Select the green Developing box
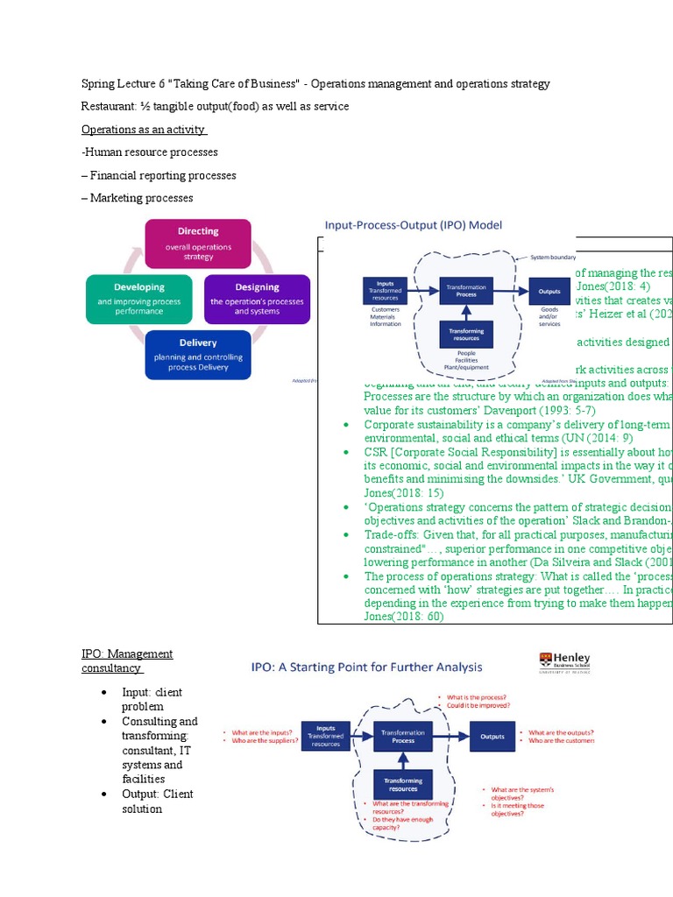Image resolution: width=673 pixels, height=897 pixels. (x=139, y=299)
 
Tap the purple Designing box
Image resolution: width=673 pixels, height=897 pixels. (x=257, y=299)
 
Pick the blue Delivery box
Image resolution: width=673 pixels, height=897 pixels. (x=198, y=354)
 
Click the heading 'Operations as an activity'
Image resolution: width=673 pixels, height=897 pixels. (x=144, y=130)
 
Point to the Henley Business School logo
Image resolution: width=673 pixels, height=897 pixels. (x=565, y=663)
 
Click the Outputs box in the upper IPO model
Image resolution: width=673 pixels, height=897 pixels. (x=549, y=292)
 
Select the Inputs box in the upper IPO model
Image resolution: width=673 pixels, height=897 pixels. (x=386, y=291)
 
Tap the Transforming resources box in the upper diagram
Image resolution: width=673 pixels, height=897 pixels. (x=466, y=333)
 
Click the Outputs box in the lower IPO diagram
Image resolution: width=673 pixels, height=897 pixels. (x=492, y=737)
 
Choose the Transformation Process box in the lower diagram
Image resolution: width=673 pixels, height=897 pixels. (x=403, y=736)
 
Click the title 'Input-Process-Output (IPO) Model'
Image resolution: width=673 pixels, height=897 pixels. (x=414, y=225)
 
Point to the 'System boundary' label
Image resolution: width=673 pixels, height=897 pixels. (x=551, y=258)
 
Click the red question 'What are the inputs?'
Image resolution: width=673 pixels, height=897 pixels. (x=262, y=731)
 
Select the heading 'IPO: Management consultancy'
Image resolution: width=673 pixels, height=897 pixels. (x=127, y=661)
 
